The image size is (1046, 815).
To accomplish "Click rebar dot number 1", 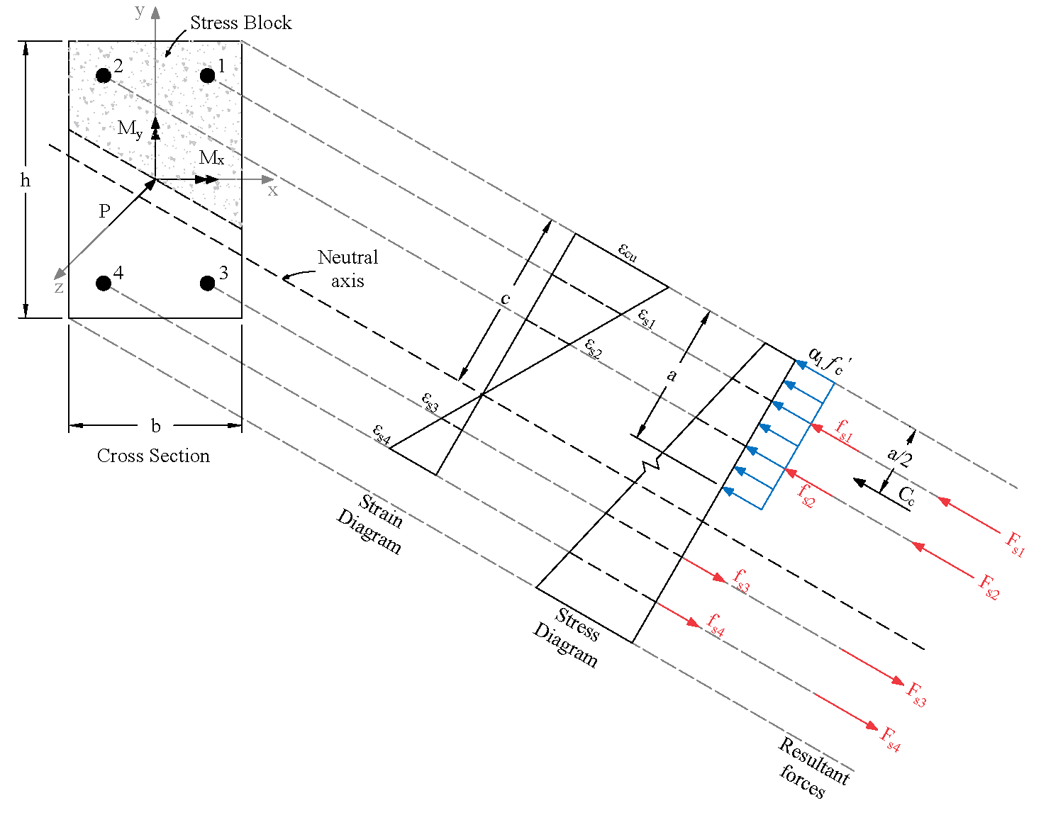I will click(207, 75).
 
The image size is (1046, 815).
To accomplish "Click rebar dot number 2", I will click(104, 75).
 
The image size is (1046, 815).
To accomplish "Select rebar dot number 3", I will click(207, 283).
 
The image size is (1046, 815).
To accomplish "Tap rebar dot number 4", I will click(104, 283).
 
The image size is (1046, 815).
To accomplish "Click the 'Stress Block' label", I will click(240, 23).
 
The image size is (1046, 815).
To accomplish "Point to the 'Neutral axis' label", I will click(347, 269).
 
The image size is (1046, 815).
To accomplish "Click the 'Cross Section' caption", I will click(153, 456).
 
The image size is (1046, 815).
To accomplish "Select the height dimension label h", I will click(26, 181).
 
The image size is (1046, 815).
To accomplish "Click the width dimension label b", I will click(155, 426).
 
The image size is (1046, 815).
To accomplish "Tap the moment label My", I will click(130, 129).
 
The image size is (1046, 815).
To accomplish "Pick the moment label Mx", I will click(211, 158).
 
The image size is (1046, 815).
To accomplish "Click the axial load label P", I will click(104, 211).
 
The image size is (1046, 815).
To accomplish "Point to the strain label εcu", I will click(628, 252).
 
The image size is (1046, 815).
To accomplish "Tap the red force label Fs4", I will click(890, 738).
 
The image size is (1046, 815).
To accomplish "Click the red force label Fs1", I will click(1015, 544).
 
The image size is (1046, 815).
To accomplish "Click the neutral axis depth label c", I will click(505, 299).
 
